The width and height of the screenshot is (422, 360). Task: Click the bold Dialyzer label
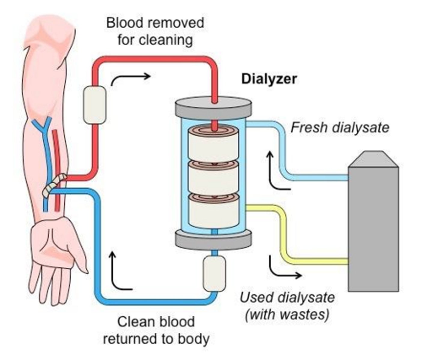pyautogui.click(x=269, y=79)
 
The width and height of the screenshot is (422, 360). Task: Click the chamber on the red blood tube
pyautogui.click(x=95, y=105)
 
